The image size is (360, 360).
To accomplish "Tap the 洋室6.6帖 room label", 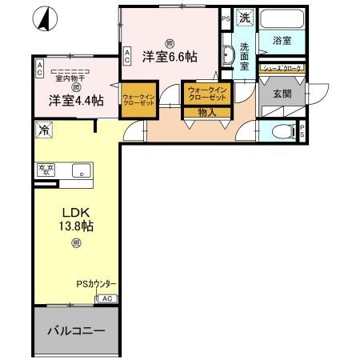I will coord(170,56).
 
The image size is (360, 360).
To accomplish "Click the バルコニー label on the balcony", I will coord(75,330).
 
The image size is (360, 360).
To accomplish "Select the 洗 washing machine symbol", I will coord(246,18).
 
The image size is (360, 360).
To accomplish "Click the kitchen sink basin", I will coord(80,170).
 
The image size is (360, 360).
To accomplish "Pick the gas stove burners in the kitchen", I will coord(45,170).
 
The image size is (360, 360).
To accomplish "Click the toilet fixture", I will coord(280,133).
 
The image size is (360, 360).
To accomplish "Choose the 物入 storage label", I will coord(206,113).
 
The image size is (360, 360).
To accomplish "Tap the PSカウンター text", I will coord(97,284).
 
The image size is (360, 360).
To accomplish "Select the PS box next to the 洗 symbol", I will coord(225,18).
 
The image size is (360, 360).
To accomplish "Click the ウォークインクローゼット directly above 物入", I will coord(206,94).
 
